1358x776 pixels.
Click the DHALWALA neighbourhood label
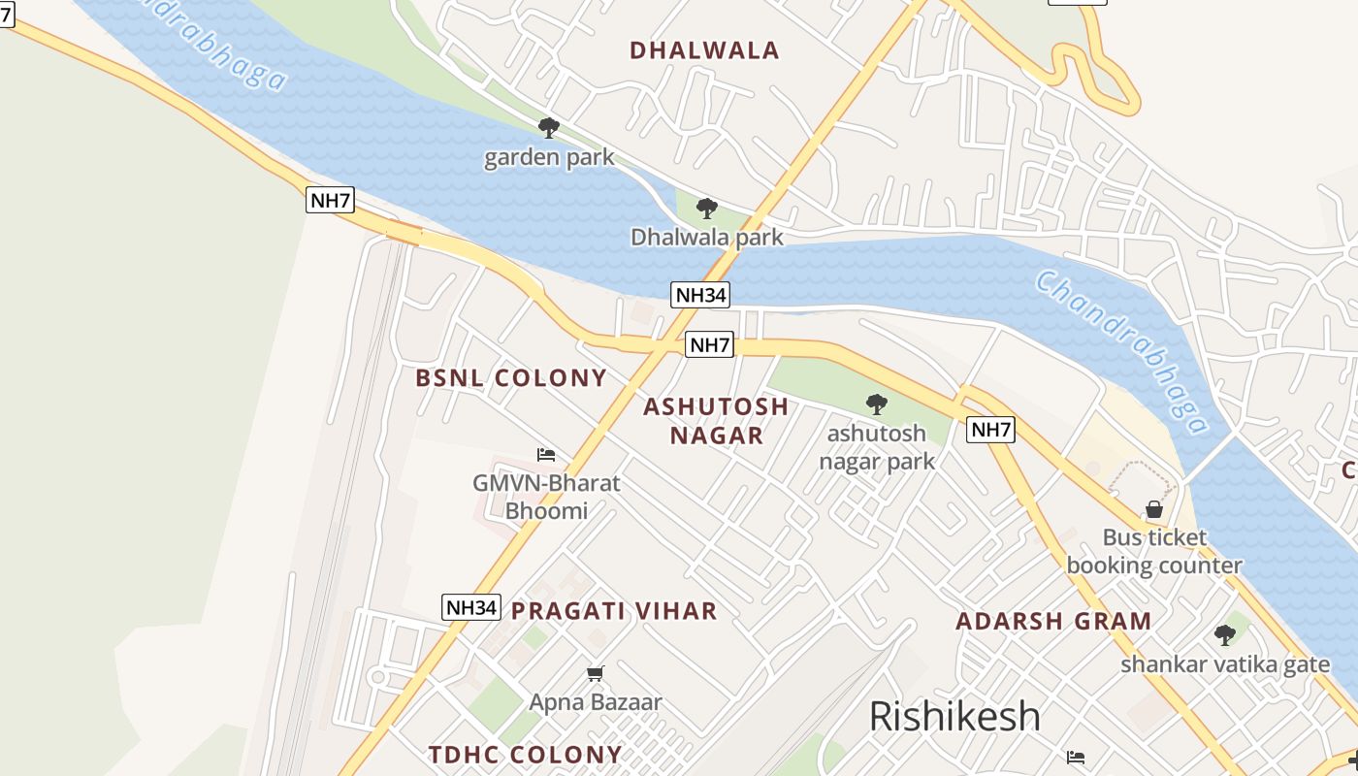pyautogui.click(x=704, y=50)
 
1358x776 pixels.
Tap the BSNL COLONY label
pyautogui.click(x=511, y=378)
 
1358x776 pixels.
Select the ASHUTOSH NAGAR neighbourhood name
pyautogui.click(x=716, y=421)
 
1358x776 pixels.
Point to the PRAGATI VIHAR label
pyautogui.click(x=614, y=611)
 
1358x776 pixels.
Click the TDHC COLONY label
pyautogui.click(x=525, y=755)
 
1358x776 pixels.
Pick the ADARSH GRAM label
pyautogui.click(x=1053, y=622)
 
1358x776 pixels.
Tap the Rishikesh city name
pyautogui.click(x=954, y=717)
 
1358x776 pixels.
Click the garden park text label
pyautogui.click(x=549, y=157)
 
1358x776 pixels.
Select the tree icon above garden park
pyautogui.click(x=549, y=127)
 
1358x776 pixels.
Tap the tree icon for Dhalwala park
pyautogui.click(x=707, y=208)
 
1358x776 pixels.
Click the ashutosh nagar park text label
pyautogui.click(x=877, y=447)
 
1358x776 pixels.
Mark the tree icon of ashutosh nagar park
pyautogui.click(x=877, y=404)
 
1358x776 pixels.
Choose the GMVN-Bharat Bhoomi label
pyautogui.click(x=546, y=496)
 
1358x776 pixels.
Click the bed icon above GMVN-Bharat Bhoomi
pyautogui.click(x=546, y=454)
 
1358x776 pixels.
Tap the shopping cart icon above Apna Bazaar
pyautogui.click(x=596, y=673)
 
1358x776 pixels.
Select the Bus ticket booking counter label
pyautogui.click(x=1154, y=551)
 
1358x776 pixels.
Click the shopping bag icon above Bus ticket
pyautogui.click(x=1153, y=509)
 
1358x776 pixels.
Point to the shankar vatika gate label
pyautogui.click(x=1225, y=664)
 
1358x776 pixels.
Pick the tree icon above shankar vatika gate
pyautogui.click(x=1225, y=635)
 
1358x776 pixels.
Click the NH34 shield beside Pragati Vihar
pyautogui.click(x=471, y=607)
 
